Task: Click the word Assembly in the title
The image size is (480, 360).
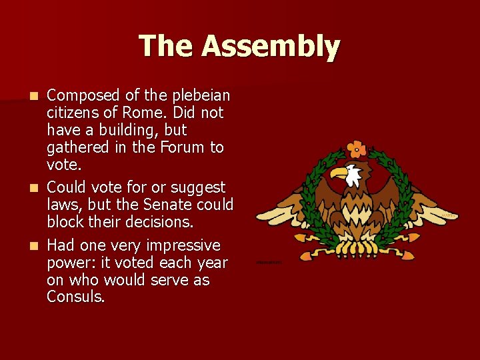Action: (x=271, y=47)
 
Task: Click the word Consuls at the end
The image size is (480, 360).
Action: (x=75, y=297)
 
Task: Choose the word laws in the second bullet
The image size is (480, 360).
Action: (x=62, y=205)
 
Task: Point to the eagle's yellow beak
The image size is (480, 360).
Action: (x=340, y=173)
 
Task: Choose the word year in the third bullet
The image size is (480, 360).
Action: (x=212, y=263)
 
